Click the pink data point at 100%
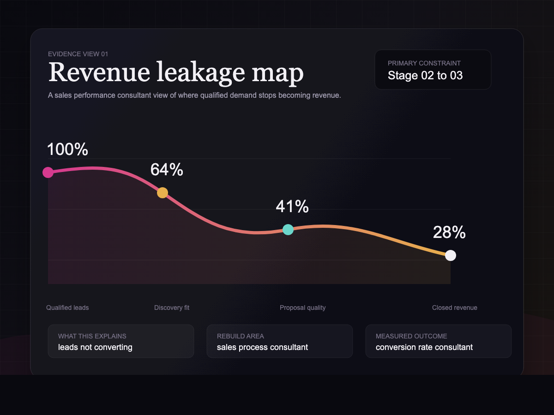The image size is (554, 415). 48,172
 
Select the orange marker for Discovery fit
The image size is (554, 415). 162,193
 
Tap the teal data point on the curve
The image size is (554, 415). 288,230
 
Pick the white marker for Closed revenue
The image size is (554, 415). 451,255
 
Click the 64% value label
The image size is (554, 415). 167,170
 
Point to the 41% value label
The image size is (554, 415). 292,207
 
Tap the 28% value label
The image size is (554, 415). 449,233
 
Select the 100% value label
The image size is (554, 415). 67,149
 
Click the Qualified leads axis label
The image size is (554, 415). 67,308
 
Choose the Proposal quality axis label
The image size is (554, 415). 302,308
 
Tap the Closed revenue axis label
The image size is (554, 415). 454,308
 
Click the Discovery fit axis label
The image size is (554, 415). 172,308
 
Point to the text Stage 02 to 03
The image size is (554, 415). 425,76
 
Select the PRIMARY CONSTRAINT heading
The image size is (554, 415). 424,63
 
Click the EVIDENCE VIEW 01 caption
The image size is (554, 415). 78,54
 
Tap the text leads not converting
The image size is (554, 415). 95,347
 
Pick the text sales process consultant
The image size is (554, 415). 262,347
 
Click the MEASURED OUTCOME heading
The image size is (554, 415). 411,336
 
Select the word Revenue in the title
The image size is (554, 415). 99,72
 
